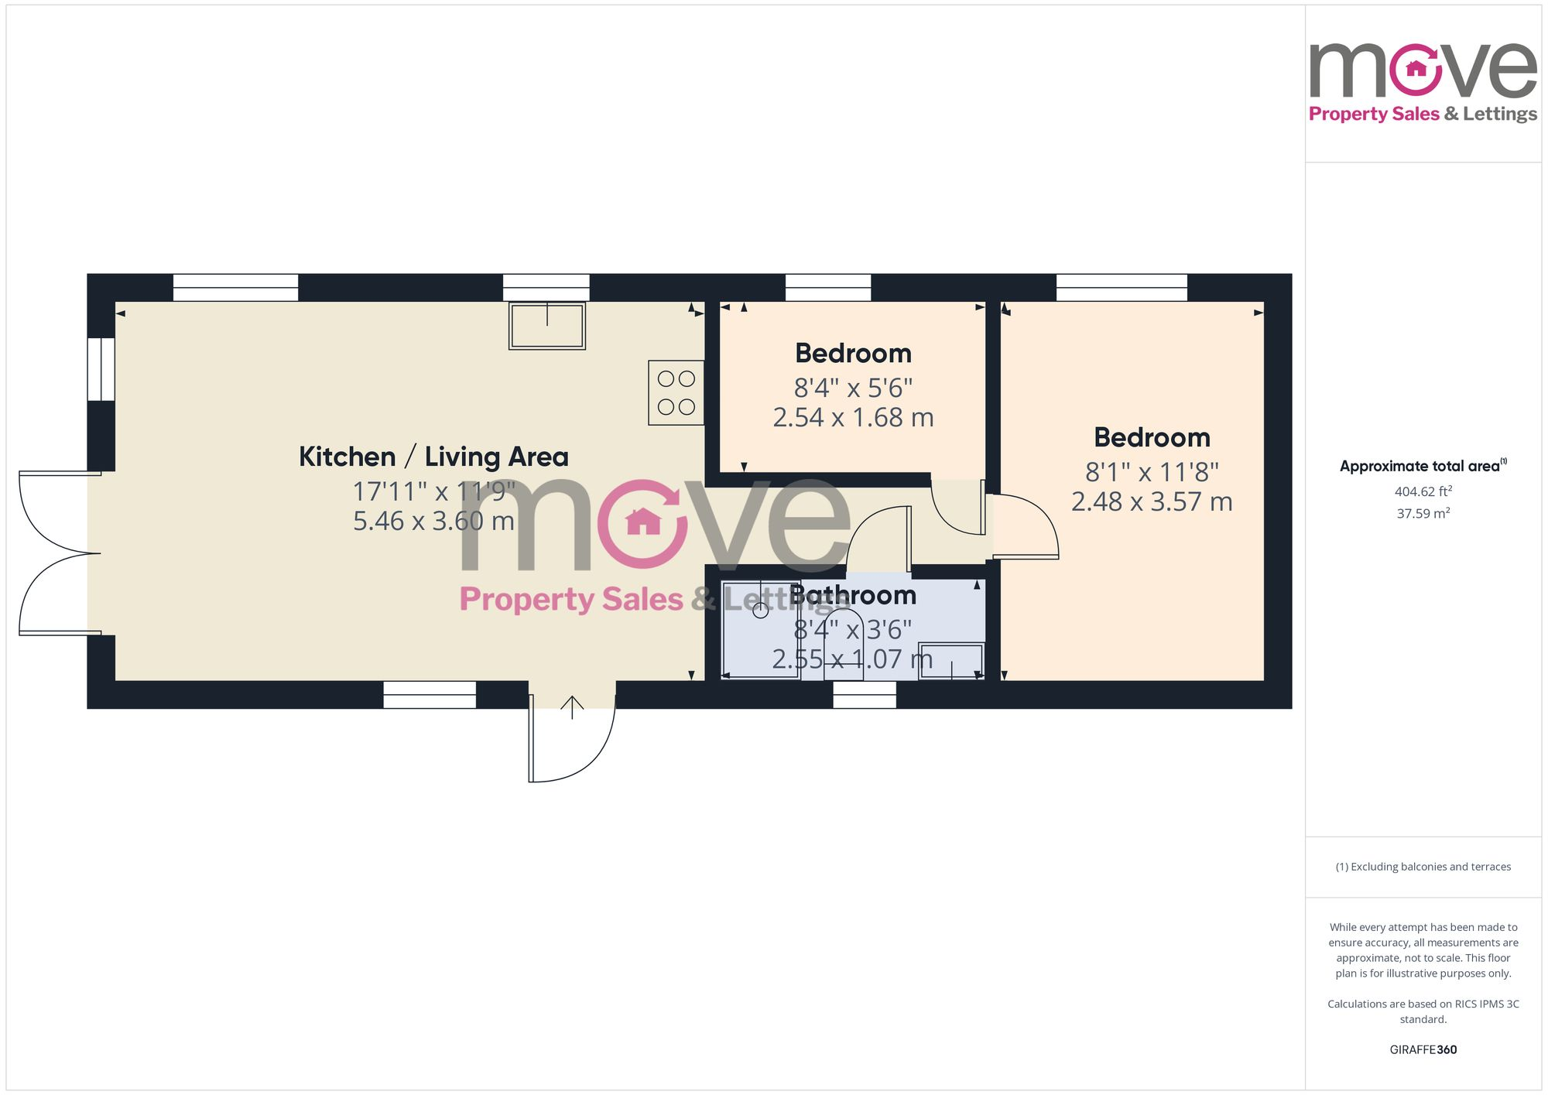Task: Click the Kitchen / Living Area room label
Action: [433, 457]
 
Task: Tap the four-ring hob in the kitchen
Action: [676, 392]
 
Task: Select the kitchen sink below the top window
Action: [546, 326]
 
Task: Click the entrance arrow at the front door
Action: [572, 707]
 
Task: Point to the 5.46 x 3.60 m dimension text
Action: [433, 521]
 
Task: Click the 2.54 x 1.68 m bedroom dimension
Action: [853, 418]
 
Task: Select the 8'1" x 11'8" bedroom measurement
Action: [1152, 471]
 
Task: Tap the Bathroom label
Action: [853, 595]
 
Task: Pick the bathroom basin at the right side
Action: [950, 661]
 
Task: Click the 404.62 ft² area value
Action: [1423, 491]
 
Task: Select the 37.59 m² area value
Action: [1423, 513]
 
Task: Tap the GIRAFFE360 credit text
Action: [1423, 1049]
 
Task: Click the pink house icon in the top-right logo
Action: [1416, 69]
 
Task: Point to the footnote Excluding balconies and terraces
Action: [1423, 867]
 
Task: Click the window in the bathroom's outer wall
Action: [865, 694]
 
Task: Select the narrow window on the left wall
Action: [101, 369]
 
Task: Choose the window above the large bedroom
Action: [1122, 287]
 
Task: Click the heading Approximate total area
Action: [1420, 466]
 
